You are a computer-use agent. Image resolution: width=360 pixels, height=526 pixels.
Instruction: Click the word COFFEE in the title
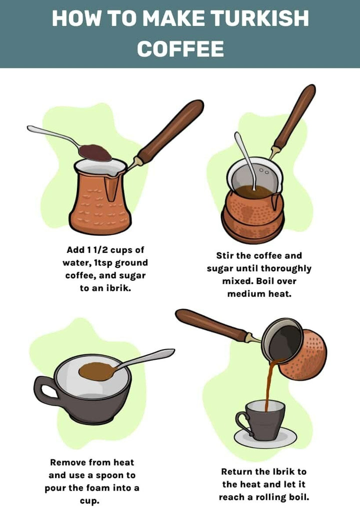pyautogui.click(x=180, y=49)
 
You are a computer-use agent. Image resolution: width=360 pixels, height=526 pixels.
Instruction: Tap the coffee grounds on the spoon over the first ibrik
pyautogui.click(x=95, y=153)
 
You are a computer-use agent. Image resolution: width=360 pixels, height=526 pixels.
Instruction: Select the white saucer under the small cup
pyautogui.click(x=265, y=438)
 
